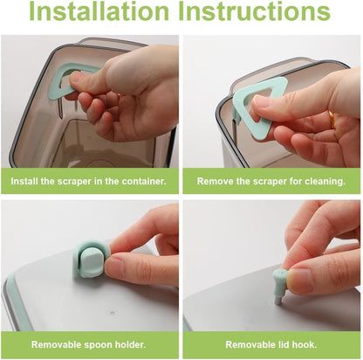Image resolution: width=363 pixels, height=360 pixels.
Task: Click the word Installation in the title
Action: coord(99,11)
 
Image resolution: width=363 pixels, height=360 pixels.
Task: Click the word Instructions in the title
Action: coord(254,11)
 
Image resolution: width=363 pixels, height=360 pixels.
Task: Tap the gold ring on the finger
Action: coord(332,120)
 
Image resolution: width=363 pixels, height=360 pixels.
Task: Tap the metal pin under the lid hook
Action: coord(278,301)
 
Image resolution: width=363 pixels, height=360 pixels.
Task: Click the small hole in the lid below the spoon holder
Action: coord(113,313)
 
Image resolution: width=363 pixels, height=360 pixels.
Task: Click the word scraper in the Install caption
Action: coord(74,182)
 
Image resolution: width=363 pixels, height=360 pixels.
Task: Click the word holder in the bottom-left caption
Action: coord(130,345)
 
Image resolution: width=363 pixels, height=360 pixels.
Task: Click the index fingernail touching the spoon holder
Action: coord(113,266)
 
